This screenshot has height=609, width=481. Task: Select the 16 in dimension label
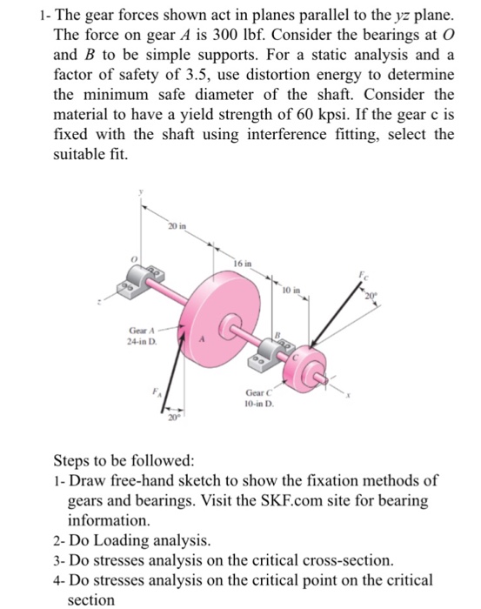244,261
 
